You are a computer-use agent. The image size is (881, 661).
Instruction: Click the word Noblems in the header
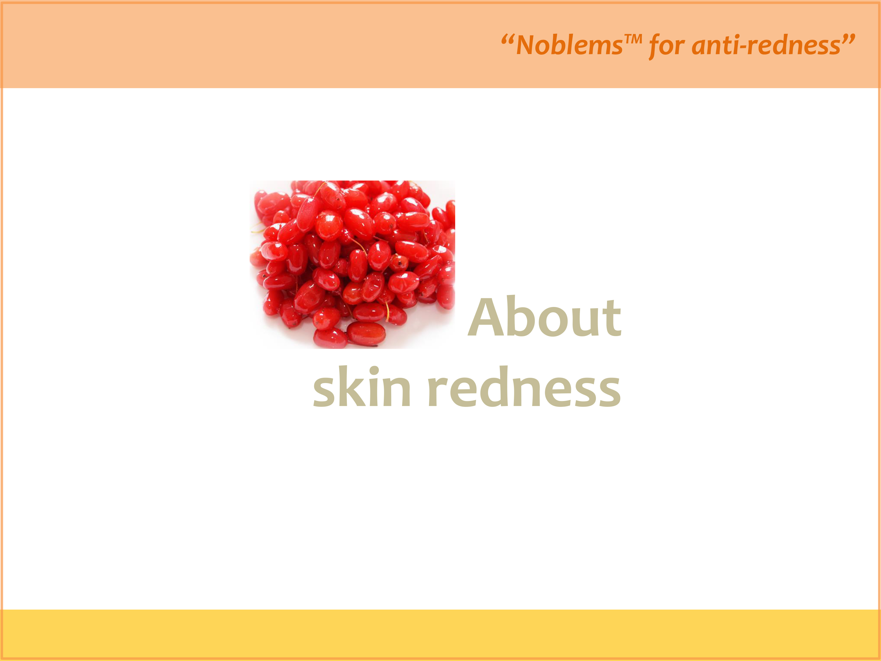pos(569,45)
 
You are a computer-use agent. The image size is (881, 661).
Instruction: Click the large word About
pos(544,317)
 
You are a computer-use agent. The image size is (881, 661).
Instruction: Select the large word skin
pos(362,387)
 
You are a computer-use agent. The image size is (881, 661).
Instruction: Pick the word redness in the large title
pos(524,387)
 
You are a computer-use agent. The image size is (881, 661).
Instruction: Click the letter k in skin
pos(352,386)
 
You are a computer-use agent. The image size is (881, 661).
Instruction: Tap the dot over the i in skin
pos(374,371)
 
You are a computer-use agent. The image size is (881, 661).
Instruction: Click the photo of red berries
pos(352,265)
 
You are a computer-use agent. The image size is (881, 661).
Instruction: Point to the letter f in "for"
pos(655,46)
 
